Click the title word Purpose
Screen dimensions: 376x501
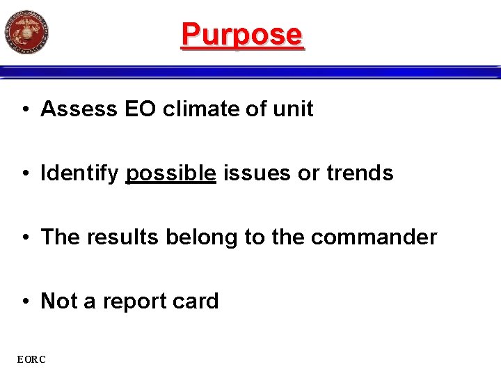tap(242, 34)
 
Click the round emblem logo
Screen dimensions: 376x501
tap(26, 32)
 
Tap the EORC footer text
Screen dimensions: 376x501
tap(32, 359)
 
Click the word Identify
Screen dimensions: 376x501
tap(79, 173)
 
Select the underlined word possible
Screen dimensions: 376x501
tap(170, 173)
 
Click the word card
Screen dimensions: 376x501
tap(198, 301)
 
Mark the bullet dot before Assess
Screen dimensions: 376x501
tap(24, 110)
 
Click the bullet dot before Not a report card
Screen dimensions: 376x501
tap(24, 301)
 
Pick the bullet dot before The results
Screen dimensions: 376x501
tap(24, 237)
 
